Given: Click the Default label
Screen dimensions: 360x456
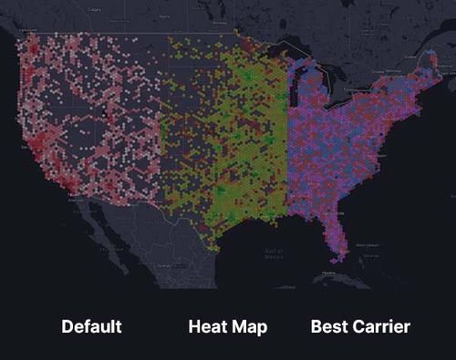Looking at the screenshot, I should [x=91, y=326].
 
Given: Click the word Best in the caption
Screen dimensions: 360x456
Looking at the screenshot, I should [x=330, y=326].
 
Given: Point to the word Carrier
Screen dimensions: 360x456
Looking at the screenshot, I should [x=381, y=326].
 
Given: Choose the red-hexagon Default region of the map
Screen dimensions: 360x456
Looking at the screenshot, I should [x=91, y=118].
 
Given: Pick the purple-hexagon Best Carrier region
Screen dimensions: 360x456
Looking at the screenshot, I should [x=347, y=146].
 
